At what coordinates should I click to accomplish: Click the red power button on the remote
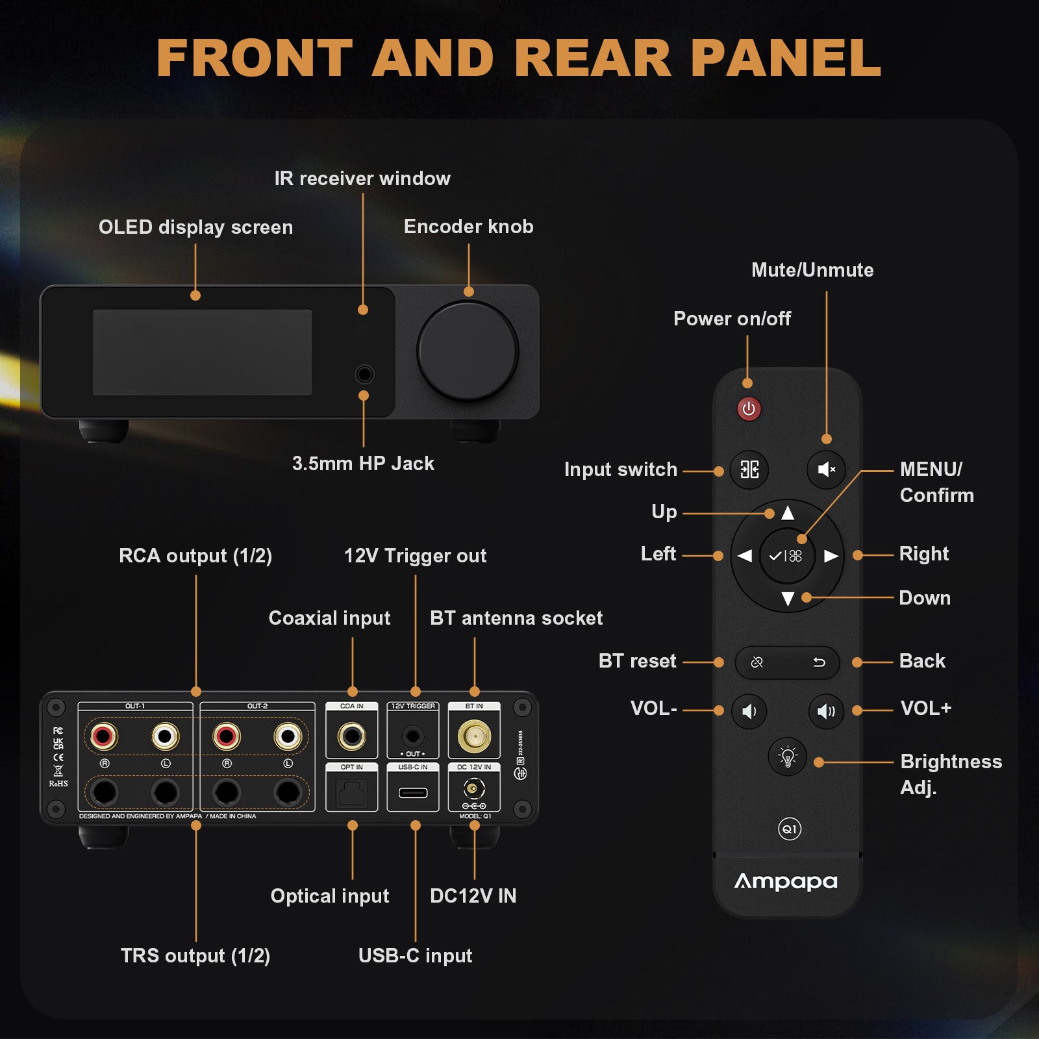point(749,409)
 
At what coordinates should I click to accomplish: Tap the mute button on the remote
point(826,469)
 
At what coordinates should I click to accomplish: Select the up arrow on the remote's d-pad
point(788,513)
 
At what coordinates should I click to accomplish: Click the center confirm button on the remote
point(786,556)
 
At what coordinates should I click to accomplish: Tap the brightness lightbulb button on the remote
point(788,757)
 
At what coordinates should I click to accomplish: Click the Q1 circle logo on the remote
point(790,829)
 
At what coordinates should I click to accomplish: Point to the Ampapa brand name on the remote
point(786,881)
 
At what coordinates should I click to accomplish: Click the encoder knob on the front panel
point(467,351)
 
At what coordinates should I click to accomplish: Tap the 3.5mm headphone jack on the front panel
point(364,375)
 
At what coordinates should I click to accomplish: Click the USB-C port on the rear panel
point(413,792)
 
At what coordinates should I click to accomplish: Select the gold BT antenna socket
point(474,736)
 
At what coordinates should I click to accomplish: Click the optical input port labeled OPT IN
point(351,793)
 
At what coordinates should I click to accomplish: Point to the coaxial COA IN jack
point(351,736)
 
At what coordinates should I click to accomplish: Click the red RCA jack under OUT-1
point(104,736)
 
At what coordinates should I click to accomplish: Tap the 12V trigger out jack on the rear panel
point(413,736)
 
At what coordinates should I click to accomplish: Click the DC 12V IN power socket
point(474,790)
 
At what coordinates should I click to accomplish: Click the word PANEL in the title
point(786,58)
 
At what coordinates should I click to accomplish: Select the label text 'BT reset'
point(637,661)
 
